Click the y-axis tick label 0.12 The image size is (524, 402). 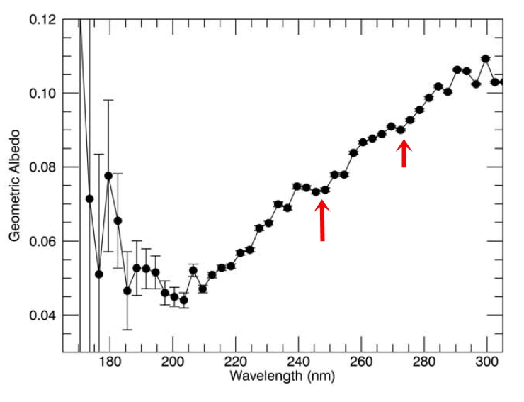(43, 19)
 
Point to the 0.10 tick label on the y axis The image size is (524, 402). (43, 93)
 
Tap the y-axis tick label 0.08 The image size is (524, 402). (43, 167)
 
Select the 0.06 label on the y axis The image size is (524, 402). (43, 241)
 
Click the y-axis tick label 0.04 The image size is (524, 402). (43, 315)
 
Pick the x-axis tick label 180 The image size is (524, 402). (110, 362)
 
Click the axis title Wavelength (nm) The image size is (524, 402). (283, 376)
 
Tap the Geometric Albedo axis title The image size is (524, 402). (15, 185)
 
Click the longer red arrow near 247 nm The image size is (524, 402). (322, 220)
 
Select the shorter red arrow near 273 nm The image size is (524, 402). (404, 153)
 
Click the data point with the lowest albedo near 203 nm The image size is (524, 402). (183, 300)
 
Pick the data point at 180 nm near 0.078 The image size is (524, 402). (108, 175)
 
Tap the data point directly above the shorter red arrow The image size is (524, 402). (401, 130)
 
